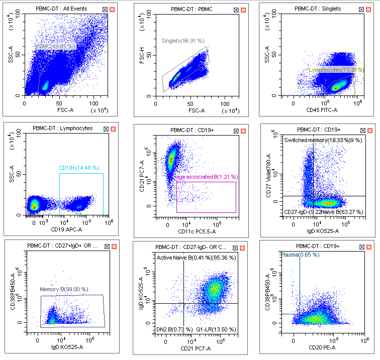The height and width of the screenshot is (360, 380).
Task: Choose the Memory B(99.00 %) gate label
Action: [x=64, y=290]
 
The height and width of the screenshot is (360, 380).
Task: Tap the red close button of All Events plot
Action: [x=112, y=10]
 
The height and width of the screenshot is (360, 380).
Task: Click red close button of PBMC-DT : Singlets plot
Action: [x=369, y=9]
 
